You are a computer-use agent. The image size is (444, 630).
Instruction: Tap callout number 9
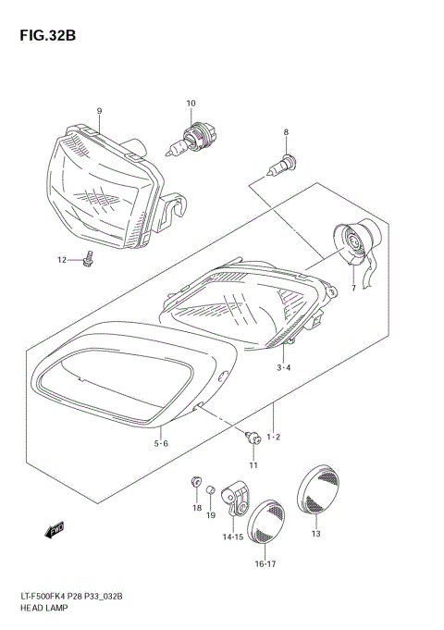[98, 111]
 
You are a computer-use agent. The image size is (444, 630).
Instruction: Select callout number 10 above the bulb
[191, 103]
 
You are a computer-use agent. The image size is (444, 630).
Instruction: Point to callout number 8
[286, 132]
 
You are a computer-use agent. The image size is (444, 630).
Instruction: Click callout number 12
[62, 260]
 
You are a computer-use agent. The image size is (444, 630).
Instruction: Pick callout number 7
[352, 289]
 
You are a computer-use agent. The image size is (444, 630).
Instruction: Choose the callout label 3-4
[285, 367]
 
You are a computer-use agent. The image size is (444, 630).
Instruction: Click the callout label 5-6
[161, 443]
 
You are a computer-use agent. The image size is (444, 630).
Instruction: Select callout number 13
[315, 534]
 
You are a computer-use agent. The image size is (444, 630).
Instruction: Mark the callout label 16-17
[265, 563]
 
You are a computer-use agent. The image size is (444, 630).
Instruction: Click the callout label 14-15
[233, 537]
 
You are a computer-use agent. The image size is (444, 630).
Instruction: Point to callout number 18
[196, 508]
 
